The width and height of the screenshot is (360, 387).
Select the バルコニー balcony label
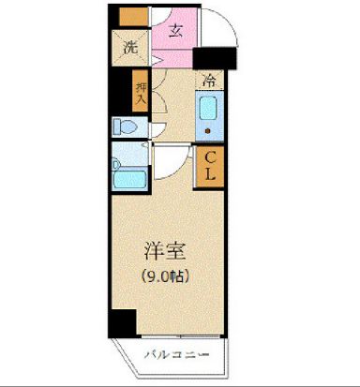pos(176,353)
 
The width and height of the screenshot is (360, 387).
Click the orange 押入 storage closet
pos(140,90)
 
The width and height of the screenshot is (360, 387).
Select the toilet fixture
pos(123,126)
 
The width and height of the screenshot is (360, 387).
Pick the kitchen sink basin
pos(209,110)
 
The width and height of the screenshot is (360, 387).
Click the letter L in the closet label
pos(210,174)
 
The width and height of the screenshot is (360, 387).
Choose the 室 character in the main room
pos(175,251)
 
